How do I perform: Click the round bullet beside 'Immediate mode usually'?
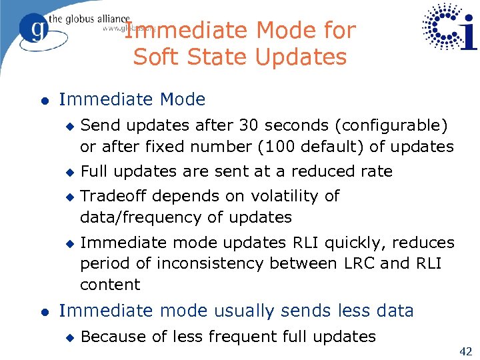43,311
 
